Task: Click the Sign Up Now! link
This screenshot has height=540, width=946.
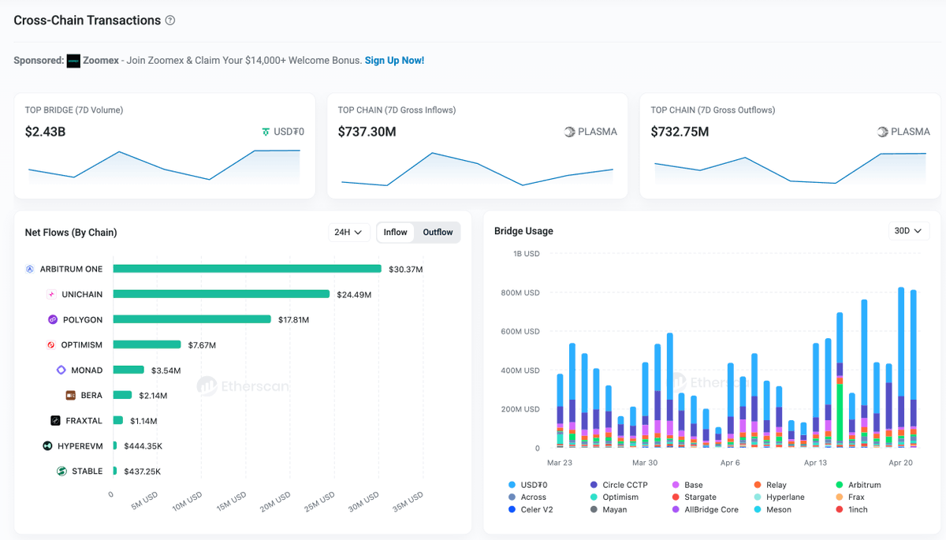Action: pyautogui.click(x=394, y=61)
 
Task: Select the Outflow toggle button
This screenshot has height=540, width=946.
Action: pyautogui.click(x=438, y=233)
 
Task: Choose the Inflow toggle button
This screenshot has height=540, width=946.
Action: pyautogui.click(x=396, y=233)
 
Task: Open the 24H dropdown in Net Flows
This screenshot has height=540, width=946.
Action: pyautogui.click(x=348, y=233)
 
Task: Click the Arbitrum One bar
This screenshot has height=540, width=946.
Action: pyautogui.click(x=247, y=269)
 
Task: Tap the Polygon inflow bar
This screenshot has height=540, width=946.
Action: pyautogui.click(x=192, y=319)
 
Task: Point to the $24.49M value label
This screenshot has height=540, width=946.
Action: pyautogui.click(x=354, y=295)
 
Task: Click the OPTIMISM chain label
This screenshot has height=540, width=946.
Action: pyautogui.click(x=82, y=345)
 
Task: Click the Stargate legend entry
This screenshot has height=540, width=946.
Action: pyautogui.click(x=700, y=497)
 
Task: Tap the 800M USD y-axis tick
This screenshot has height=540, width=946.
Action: pyautogui.click(x=520, y=292)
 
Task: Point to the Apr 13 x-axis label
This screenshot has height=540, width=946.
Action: pyautogui.click(x=815, y=463)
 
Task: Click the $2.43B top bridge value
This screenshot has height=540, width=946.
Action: pyautogui.click(x=45, y=132)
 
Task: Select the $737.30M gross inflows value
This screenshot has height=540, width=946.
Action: pyautogui.click(x=367, y=132)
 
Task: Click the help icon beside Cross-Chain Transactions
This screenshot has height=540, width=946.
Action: pyautogui.click(x=170, y=20)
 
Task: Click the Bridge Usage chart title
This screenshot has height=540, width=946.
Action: pyautogui.click(x=523, y=231)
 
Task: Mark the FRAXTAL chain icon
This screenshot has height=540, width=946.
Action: pyautogui.click(x=56, y=421)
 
